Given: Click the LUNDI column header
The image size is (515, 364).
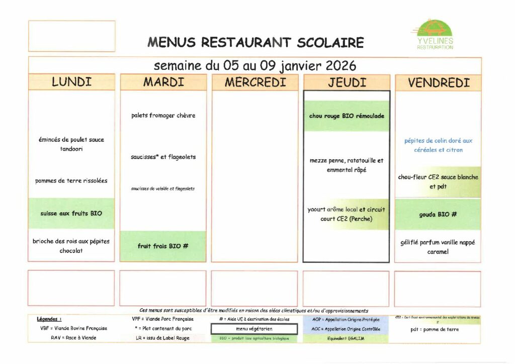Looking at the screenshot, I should [x=71, y=82].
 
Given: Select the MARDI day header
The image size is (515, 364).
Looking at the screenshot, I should [x=163, y=82].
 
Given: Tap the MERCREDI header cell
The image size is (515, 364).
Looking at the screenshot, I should [x=255, y=82].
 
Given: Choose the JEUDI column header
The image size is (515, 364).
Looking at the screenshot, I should [x=347, y=82].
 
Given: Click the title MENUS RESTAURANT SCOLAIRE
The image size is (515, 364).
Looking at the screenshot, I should [x=255, y=43].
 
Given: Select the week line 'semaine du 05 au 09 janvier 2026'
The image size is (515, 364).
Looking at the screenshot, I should [x=255, y=66].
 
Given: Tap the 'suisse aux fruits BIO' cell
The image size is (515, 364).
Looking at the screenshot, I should [x=71, y=214].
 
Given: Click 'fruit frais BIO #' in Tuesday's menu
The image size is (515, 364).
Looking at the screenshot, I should [x=163, y=246].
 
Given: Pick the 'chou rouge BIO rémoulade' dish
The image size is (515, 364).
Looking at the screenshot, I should [x=347, y=116].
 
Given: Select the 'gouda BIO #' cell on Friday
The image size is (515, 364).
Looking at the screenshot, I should [x=438, y=214].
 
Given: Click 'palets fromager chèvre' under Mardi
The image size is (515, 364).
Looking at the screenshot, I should [x=163, y=116].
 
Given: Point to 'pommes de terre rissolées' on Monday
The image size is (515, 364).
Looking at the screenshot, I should [x=71, y=180].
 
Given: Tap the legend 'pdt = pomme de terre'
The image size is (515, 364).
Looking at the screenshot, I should [x=438, y=329].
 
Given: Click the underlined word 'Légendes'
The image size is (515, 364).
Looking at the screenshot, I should [x=49, y=319].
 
